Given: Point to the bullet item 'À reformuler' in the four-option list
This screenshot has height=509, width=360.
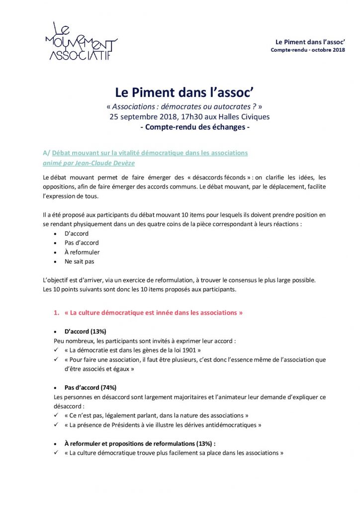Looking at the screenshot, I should (x=82, y=252).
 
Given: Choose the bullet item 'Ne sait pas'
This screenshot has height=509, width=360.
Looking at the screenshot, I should (x=80, y=261).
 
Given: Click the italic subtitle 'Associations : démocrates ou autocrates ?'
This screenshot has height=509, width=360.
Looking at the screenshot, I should (x=184, y=106).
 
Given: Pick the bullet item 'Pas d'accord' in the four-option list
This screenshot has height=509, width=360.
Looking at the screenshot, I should (x=82, y=243).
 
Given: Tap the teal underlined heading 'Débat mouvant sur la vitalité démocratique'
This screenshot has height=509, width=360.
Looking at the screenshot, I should (x=149, y=153).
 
